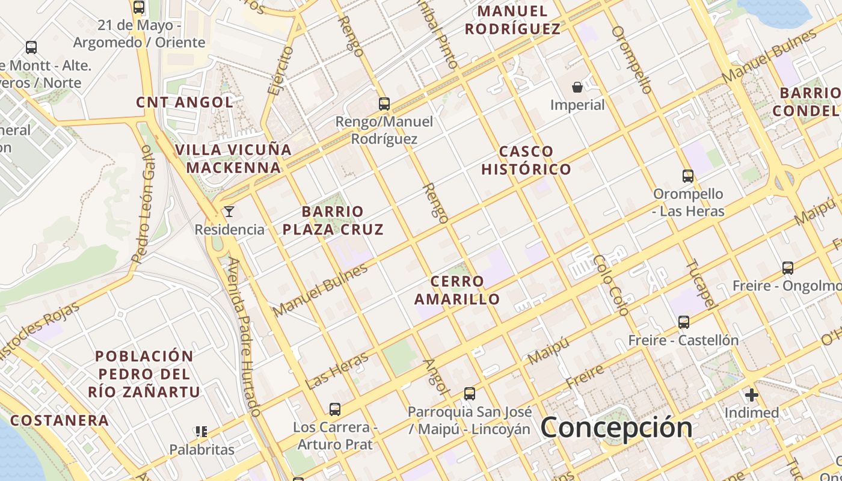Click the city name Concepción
[x=616, y=427]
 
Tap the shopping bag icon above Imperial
[x=577, y=87]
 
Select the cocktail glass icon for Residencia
[x=229, y=211]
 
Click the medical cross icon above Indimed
[x=751, y=395]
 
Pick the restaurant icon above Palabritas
[x=201, y=431]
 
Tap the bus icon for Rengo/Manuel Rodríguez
[x=384, y=103]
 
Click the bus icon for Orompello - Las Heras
[x=688, y=176]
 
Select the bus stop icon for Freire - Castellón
[x=683, y=322]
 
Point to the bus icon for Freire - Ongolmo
[x=787, y=268]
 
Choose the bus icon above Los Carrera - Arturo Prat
[x=335, y=409]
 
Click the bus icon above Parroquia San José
[x=470, y=394]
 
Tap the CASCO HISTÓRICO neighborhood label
[x=526, y=160]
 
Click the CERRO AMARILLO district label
[x=457, y=290]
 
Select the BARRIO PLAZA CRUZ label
[x=333, y=220]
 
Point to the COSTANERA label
[x=60, y=420]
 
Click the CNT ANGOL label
[x=185, y=102]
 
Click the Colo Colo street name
[x=610, y=285]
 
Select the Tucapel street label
[x=701, y=284]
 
